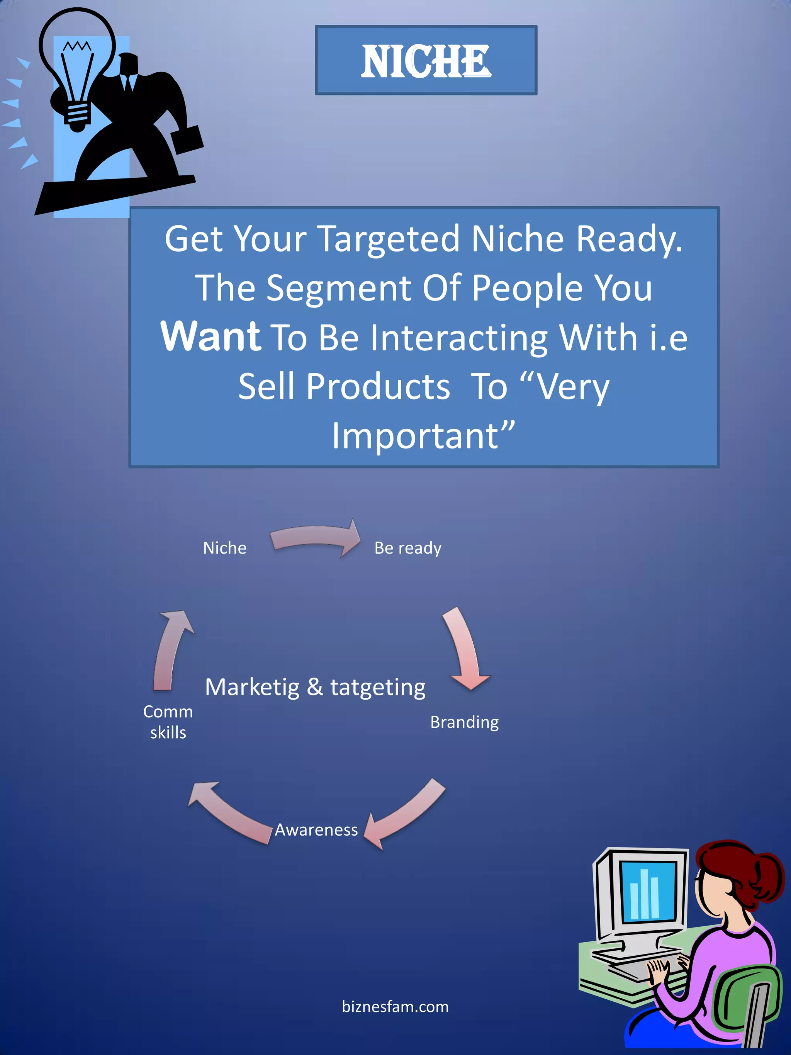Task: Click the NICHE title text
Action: click(x=425, y=61)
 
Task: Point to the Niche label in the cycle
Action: click(x=224, y=548)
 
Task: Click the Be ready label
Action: click(x=407, y=548)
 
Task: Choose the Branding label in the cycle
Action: click(x=464, y=722)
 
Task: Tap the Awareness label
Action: click(x=316, y=830)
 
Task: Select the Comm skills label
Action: click(x=168, y=722)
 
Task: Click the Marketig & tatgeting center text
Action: click(x=315, y=687)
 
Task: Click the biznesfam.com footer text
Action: click(x=395, y=1007)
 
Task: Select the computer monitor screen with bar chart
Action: click(x=647, y=892)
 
